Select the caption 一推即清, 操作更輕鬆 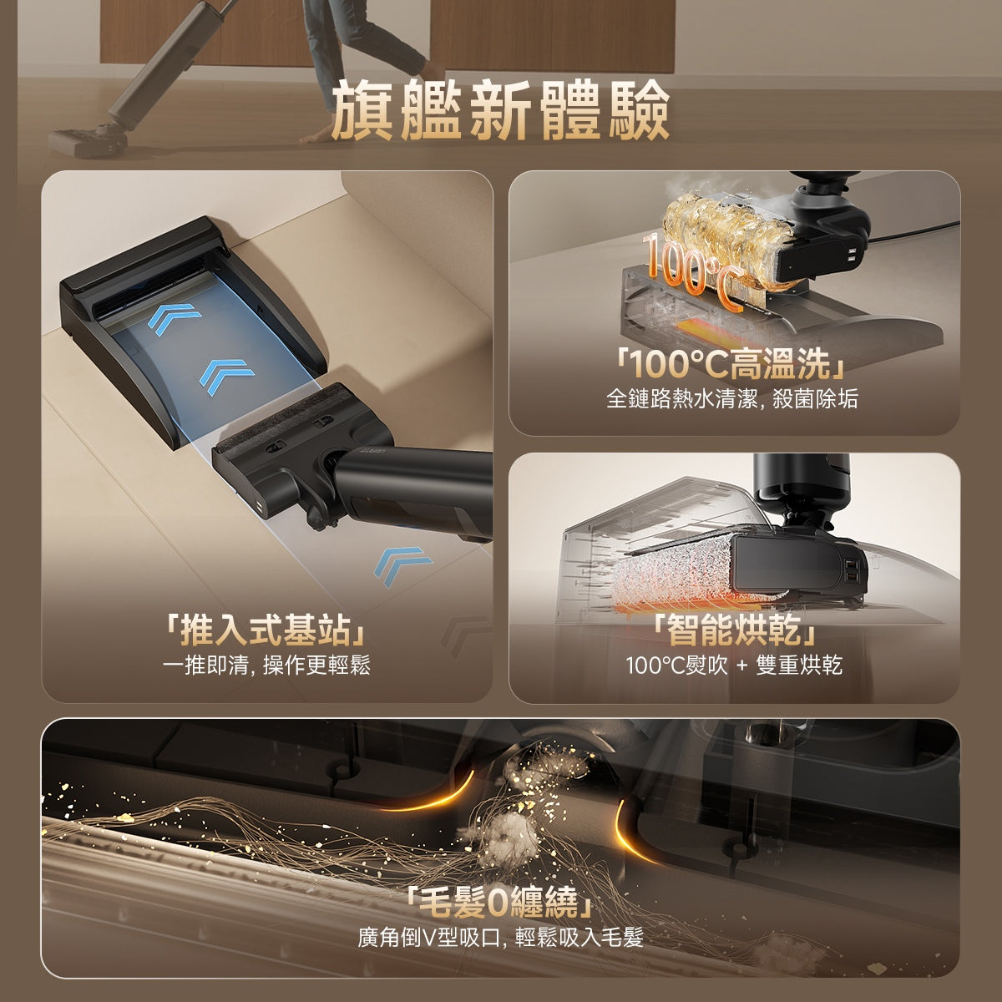click(266, 665)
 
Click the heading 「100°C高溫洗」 click(732, 364)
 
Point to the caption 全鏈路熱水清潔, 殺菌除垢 click(732, 399)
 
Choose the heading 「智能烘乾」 click(734, 630)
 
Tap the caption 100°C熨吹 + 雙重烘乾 click(734, 665)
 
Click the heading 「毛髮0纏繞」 click(500, 903)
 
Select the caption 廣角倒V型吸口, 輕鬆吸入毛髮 click(500, 938)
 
